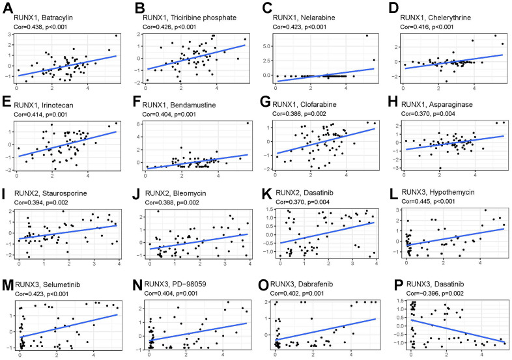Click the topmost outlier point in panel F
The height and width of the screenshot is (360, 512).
248,123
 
